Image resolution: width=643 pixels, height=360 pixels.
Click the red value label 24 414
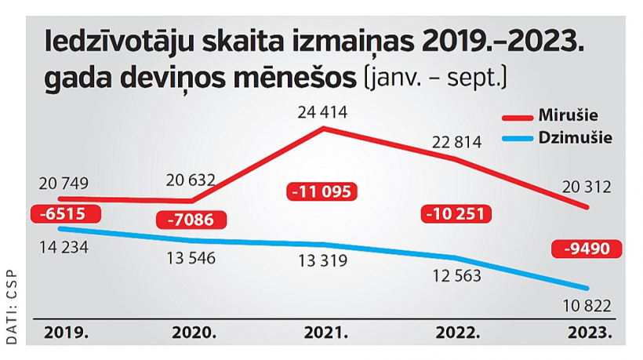pos(322,111)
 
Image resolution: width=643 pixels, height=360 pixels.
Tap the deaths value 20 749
pos(64,183)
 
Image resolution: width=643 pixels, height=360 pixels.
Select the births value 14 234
pos(64,248)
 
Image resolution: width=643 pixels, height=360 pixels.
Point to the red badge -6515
pos(59,213)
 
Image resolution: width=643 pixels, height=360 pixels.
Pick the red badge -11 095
pos(321,191)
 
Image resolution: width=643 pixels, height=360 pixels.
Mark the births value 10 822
pos(586,306)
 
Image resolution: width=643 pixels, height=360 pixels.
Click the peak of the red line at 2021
pos(322,128)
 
